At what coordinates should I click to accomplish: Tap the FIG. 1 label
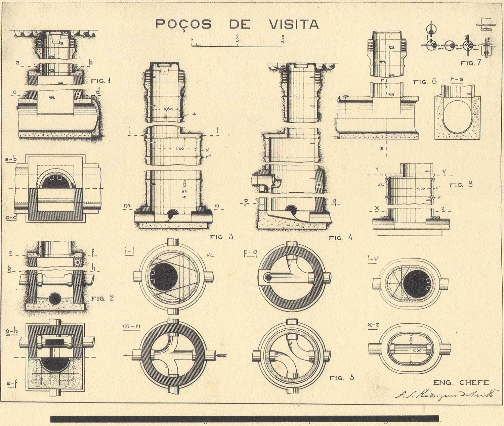pyautogui.click(x=101, y=81)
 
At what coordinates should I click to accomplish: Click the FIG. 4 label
pyautogui.click(x=341, y=238)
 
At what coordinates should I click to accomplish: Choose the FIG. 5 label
pyautogui.click(x=342, y=378)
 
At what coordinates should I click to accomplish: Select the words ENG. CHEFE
pyautogui.click(x=461, y=383)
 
